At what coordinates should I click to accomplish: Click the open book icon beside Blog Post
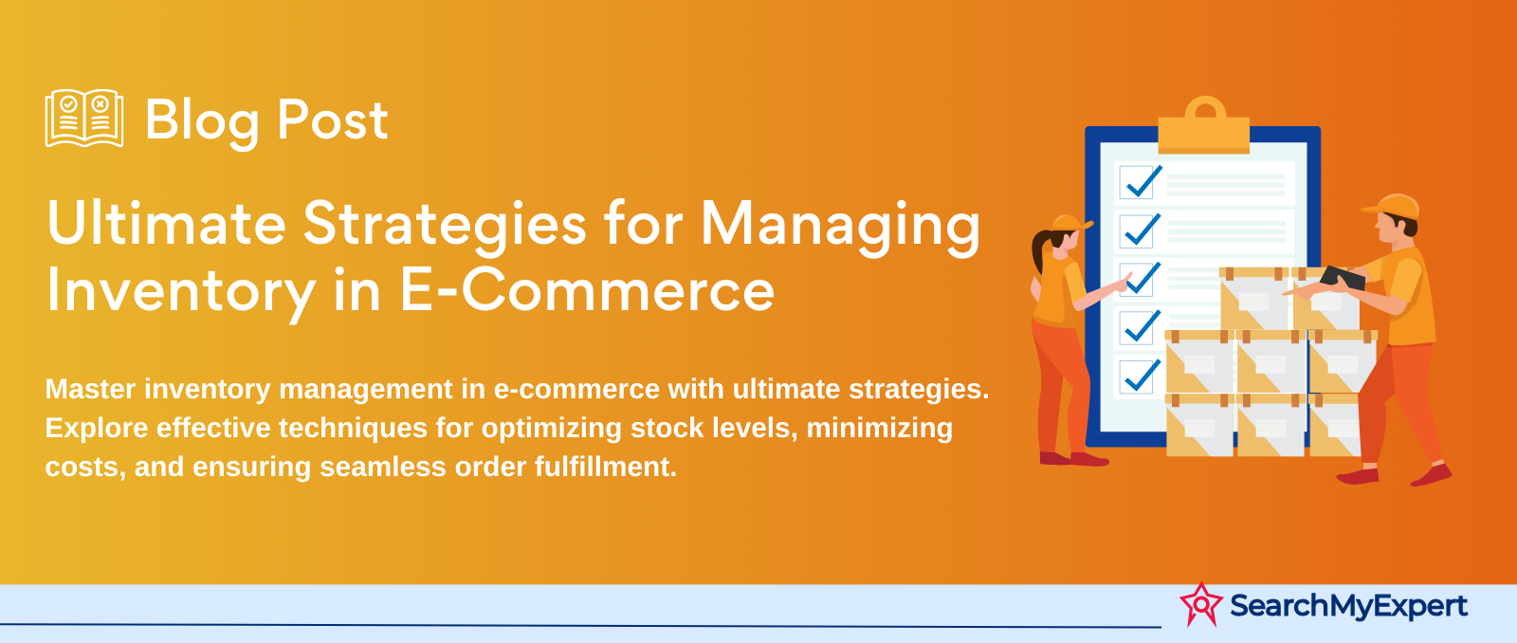(x=83, y=119)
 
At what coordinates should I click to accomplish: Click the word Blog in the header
(x=202, y=121)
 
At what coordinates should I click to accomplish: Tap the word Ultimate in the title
(x=166, y=224)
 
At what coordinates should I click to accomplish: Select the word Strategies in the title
(x=445, y=226)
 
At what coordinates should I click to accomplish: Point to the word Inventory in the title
(x=180, y=290)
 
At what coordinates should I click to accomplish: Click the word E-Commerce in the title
(x=587, y=290)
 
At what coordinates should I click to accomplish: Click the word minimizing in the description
(x=879, y=428)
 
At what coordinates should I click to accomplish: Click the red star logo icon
(x=1201, y=604)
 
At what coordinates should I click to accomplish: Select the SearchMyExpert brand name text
(x=1348, y=605)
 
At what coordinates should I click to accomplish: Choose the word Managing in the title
(x=840, y=226)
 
